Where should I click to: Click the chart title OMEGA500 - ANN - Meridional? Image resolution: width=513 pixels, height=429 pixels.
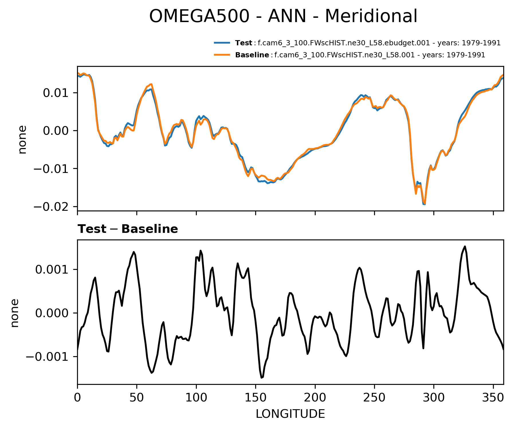[x=283, y=16]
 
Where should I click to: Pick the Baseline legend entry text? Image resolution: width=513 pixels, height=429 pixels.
[x=360, y=55]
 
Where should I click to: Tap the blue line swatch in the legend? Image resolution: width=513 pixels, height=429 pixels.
[x=222, y=43]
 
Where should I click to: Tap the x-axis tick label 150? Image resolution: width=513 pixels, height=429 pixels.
[x=255, y=398]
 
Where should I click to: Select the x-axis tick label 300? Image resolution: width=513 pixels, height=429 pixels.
[x=434, y=398]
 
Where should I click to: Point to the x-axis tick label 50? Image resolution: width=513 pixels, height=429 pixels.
[x=137, y=398]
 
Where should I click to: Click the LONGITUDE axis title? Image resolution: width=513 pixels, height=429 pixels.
[x=290, y=414]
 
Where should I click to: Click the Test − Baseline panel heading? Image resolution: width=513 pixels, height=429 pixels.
[x=128, y=229]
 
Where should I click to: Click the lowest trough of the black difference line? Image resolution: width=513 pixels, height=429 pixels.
[x=262, y=378]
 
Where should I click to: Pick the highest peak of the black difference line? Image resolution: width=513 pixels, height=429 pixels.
[x=465, y=246]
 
